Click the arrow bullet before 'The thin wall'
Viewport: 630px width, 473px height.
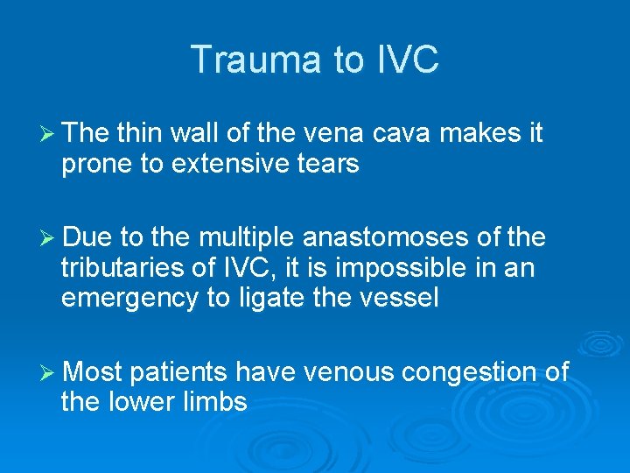point(49,134)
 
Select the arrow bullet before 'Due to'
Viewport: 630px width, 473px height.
point(49,237)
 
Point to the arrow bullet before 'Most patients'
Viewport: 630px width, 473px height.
point(49,373)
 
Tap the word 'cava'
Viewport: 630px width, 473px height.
point(407,133)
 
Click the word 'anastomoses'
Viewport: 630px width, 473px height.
point(382,237)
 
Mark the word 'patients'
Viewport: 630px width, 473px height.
point(178,373)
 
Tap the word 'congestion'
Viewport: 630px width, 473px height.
point(466,373)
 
